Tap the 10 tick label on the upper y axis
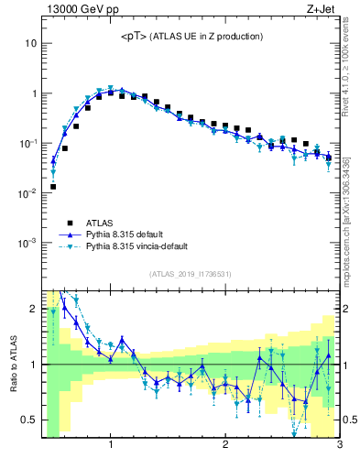pos(30,43)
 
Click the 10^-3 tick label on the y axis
pos(27,243)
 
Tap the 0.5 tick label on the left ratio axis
pos(27,420)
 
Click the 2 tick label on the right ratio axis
pos(346,309)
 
